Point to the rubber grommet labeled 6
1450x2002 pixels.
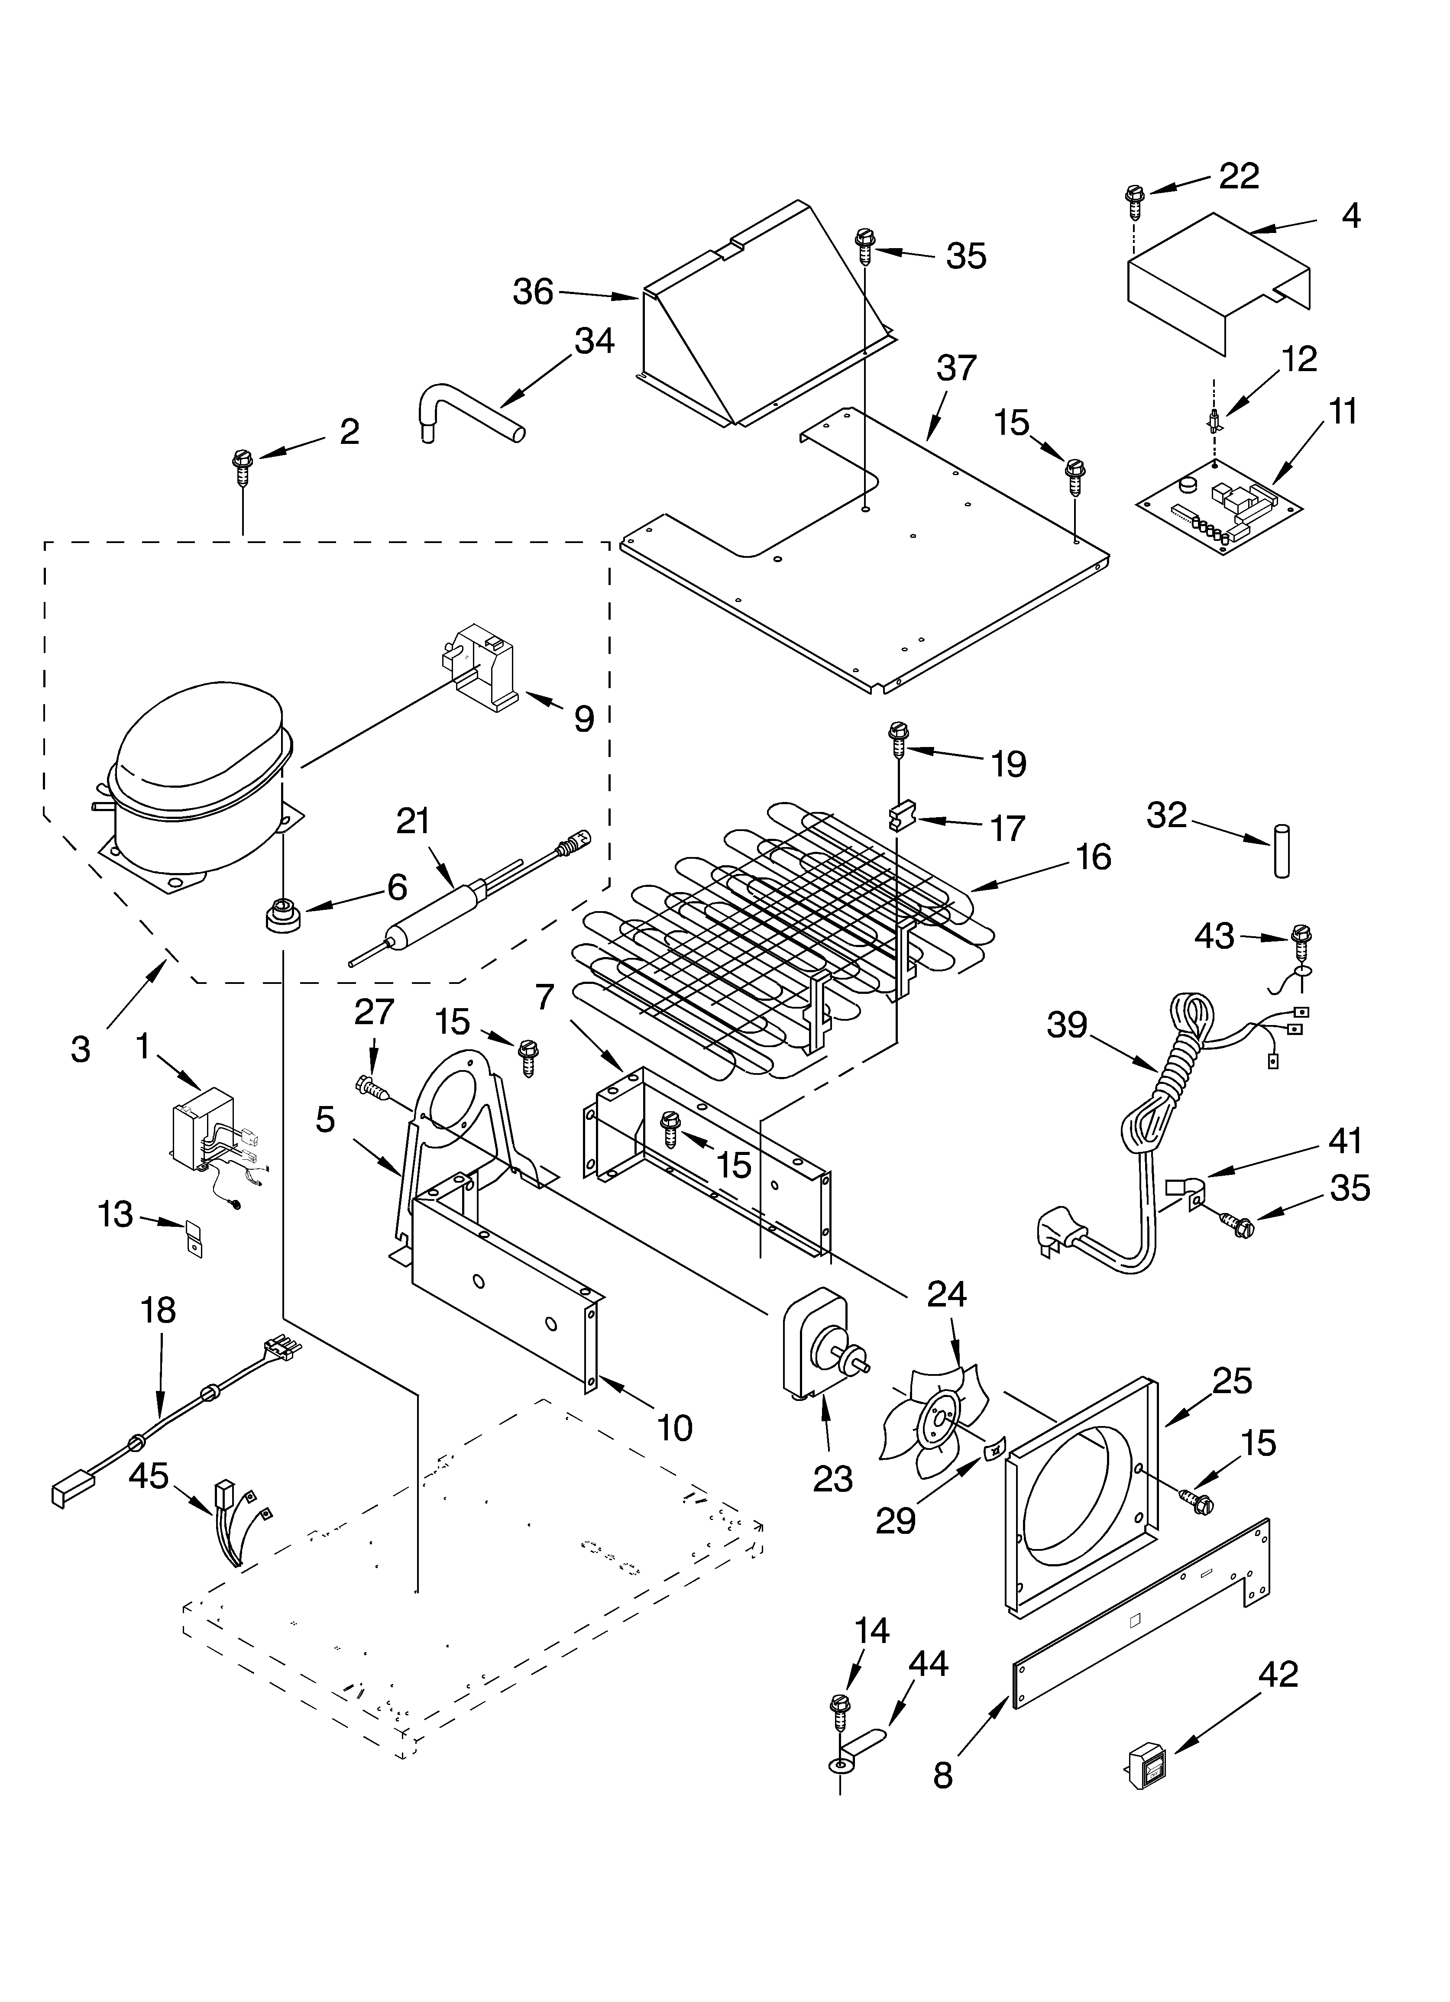coord(282,912)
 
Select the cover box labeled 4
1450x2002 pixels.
coord(1219,282)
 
